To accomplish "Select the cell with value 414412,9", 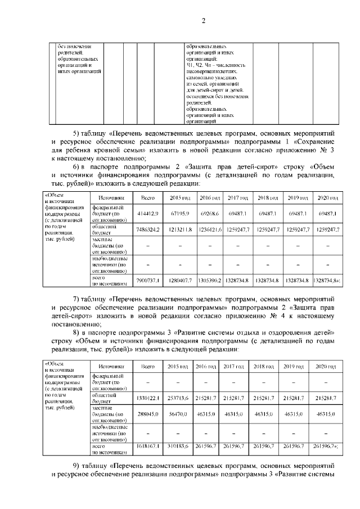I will coord(148,214).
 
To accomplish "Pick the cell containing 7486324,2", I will coord(148,229).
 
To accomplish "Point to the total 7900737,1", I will coord(148,280).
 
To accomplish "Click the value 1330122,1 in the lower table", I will coord(148,398).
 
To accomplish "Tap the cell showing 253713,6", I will coord(178,398).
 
